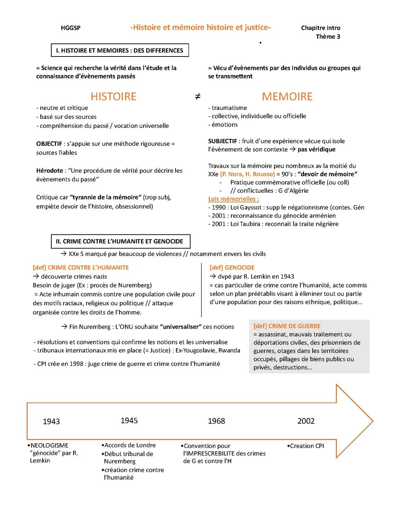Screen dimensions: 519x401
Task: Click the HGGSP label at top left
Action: pos(71,28)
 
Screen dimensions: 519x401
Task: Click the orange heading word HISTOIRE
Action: pos(113,97)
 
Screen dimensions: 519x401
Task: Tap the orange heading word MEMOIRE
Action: pos(287,97)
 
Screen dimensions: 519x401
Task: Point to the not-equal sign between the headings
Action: pos(198,97)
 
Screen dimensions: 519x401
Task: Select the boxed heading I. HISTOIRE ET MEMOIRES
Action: pos(120,51)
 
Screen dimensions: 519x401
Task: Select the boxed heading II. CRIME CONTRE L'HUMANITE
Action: pos(120,241)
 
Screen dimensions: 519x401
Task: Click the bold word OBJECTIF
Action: pos(49,144)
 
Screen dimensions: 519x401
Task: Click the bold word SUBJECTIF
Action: pos(222,141)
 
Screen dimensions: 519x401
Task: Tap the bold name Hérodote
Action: pos(50,171)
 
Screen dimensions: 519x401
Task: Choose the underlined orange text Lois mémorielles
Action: pos(234,199)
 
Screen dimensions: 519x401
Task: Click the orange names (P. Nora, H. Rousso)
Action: pos(247,174)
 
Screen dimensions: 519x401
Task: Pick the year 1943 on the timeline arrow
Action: pos(51,421)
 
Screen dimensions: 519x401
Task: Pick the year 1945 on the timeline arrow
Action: pos(129,421)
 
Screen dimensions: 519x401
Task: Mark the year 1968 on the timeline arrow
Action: pos(216,421)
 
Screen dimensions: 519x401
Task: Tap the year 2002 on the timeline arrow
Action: pos(306,421)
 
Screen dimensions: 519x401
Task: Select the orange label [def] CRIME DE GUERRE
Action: pos(287,326)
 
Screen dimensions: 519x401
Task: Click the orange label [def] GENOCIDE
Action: pos(232,267)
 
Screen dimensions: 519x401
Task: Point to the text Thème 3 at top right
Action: pos(328,36)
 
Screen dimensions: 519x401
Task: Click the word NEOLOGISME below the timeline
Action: pos(49,445)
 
